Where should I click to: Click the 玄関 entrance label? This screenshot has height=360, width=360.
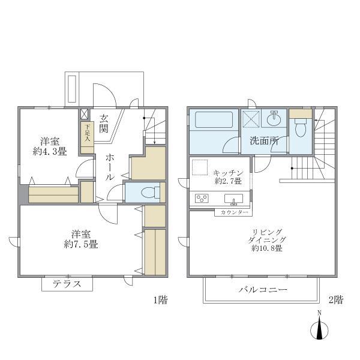(x=104, y=123)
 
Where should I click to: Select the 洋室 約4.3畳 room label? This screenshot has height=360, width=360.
(x=50, y=146)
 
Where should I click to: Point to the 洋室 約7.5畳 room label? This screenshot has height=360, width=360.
(x=81, y=239)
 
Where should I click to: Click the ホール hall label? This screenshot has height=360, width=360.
(x=110, y=167)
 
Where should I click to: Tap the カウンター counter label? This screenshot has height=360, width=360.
(x=233, y=212)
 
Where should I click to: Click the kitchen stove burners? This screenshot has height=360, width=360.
(x=201, y=199)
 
